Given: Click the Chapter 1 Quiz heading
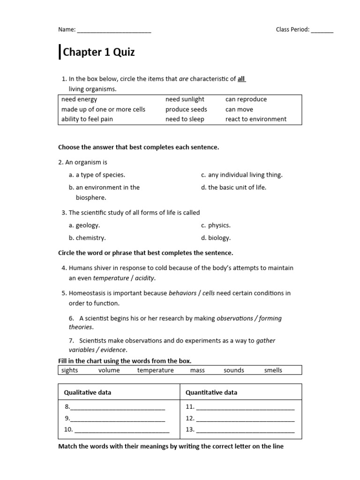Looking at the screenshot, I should [x=98, y=52].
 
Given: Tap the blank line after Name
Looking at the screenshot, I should [x=114, y=30].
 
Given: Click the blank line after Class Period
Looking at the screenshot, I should [x=322, y=30].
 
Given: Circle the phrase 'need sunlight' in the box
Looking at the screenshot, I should [x=185, y=99].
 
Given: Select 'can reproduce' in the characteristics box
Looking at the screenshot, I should [x=246, y=99].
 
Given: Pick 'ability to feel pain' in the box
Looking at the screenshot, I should [x=87, y=119].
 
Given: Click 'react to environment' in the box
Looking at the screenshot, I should [x=255, y=119].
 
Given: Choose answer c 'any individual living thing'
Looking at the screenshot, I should [x=245, y=175].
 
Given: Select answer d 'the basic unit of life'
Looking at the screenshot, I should [x=237, y=187].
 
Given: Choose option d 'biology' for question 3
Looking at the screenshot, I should [x=219, y=238].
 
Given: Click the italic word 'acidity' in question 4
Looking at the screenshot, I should [x=144, y=278].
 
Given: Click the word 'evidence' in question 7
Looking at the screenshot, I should [x=112, y=350].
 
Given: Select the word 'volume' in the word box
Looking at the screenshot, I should [x=109, y=370].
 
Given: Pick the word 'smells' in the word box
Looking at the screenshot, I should [x=273, y=370].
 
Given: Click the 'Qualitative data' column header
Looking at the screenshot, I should [x=88, y=392].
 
